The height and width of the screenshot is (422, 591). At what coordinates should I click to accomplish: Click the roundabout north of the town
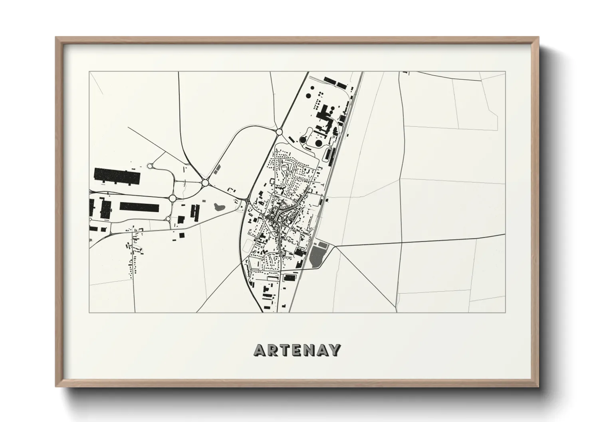point(279,132)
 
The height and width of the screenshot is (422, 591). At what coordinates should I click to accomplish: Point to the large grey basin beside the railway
point(317,256)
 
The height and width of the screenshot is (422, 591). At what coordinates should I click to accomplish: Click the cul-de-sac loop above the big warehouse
point(151,166)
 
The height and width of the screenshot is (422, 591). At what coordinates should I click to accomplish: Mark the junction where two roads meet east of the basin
point(336,246)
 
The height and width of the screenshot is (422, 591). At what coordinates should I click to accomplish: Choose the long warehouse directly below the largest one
point(139,207)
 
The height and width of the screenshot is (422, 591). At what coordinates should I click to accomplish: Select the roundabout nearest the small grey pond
point(205,183)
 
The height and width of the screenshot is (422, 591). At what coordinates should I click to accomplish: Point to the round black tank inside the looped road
point(318,142)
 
